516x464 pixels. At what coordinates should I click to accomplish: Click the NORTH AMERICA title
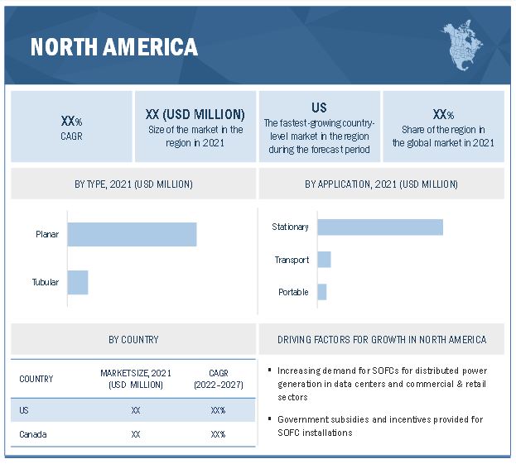[114, 46]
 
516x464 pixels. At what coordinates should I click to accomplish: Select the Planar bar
[132, 234]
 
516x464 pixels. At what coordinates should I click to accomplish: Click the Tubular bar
[78, 282]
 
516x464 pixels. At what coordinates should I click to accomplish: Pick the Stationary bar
[380, 227]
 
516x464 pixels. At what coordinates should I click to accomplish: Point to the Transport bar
[324, 260]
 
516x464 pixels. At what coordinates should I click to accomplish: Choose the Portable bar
[322, 292]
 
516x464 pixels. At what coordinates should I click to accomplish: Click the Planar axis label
[46, 234]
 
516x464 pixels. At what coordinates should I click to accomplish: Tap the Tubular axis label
[46, 282]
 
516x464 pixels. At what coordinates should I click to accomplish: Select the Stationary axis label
[290, 227]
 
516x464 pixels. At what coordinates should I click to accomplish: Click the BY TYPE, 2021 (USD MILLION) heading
[133, 184]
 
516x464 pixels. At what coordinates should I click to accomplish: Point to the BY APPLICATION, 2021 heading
[381, 184]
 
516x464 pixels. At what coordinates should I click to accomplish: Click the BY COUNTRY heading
[133, 339]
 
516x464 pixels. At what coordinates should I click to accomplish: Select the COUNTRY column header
[36, 379]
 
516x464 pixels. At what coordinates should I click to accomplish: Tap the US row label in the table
[25, 410]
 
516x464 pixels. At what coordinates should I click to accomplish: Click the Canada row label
[33, 434]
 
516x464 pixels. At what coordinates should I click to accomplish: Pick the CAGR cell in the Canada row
[218, 434]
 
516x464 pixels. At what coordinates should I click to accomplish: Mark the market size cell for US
[135, 410]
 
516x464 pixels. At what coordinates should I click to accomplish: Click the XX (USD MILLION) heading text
[195, 114]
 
